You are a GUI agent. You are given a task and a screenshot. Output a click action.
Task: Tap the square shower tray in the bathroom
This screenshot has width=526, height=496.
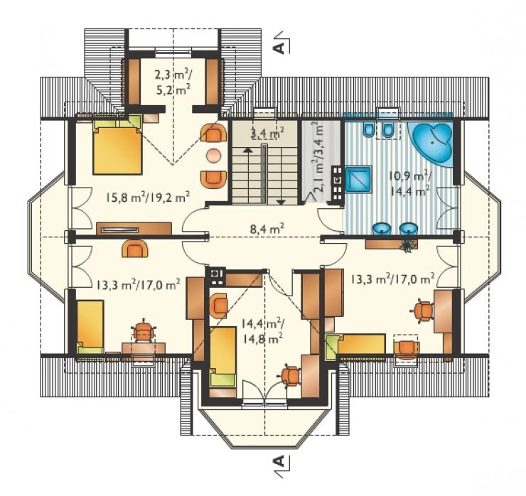[358, 180]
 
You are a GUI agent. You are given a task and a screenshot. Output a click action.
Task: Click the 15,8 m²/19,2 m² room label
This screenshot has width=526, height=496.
[149, 197]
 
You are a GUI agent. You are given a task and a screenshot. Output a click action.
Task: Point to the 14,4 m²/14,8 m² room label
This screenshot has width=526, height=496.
[263, 331]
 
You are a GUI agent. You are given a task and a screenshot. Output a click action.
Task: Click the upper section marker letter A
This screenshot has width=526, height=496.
[279, 48]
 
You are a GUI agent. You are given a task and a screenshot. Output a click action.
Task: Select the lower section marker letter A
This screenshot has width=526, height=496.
[279, 461]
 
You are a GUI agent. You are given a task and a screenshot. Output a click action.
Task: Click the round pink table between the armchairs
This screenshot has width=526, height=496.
[213, 156]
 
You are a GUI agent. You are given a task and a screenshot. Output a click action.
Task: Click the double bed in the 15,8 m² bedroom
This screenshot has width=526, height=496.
[117, 147]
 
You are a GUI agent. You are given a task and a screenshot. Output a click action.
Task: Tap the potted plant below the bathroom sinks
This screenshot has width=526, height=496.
[408, 246]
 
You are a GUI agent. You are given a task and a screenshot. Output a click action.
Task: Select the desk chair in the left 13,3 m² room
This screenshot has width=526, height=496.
[144, 331]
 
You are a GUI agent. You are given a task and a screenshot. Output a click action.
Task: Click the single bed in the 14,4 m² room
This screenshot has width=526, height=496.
[222, 358]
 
